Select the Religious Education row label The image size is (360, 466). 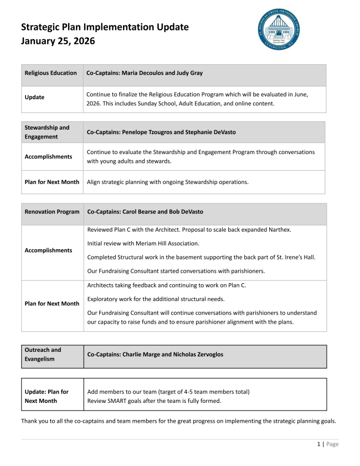(51, 73)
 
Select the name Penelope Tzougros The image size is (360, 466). (147, 132)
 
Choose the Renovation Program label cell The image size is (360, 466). (52, 212)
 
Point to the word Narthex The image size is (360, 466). (279, 229)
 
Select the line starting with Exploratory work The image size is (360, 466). (156, 299)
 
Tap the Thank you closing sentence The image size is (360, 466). (178, 421)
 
